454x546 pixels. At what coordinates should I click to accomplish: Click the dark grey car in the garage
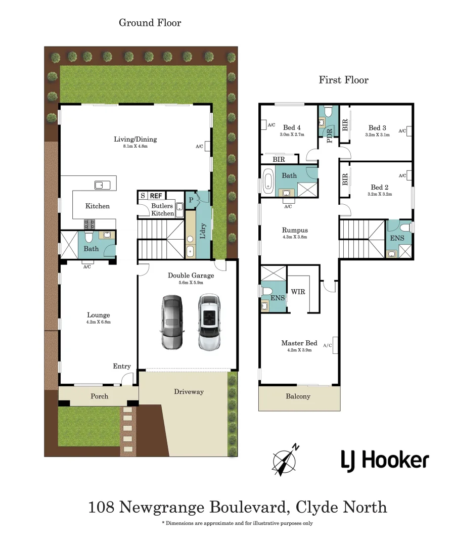[172, 323]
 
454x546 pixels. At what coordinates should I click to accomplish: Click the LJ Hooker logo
[384, 460]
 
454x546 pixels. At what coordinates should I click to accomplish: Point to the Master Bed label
[299, 343]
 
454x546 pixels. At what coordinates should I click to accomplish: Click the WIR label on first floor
[298, 292]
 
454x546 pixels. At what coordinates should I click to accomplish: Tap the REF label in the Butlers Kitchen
[156, 196]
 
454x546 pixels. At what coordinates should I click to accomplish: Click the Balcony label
[298, 396]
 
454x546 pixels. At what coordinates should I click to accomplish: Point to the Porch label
[99, 396]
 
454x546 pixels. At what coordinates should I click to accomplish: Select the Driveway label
[189, 392]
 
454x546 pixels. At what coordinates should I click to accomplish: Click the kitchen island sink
[103, 185]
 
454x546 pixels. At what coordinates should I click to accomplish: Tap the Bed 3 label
[377, 128]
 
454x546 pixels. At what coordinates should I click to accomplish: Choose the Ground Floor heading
[150, 23]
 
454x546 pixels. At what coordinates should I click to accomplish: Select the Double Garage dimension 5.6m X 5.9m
[191, 283]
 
